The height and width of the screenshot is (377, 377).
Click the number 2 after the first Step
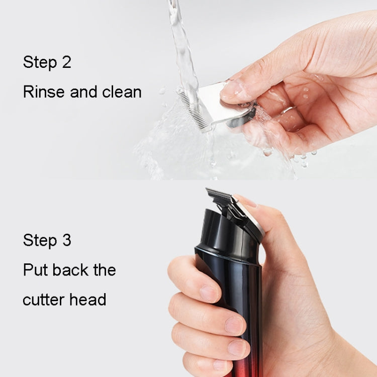pos(66,63)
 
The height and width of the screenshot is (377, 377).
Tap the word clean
pos(122,92)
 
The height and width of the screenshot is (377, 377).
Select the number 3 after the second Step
pos(66,240)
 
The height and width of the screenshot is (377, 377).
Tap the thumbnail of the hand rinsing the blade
pos(230,90)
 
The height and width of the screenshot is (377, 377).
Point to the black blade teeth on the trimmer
pos(217,194)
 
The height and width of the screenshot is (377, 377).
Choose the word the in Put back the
pos(104,270)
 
